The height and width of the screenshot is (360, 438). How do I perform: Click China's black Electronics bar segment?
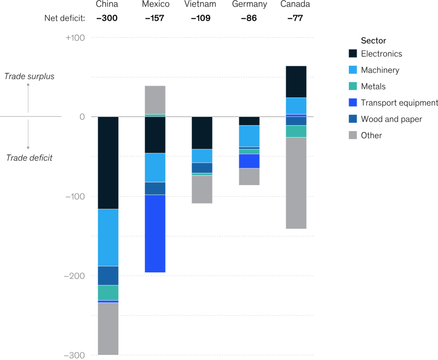point(108,162)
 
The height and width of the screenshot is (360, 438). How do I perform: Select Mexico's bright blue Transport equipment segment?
point(155,233)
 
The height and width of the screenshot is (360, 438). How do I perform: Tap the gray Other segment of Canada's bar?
point(296,183)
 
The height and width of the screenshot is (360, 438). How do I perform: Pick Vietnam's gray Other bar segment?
point(202,189)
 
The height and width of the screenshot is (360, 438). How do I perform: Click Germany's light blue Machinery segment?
point(249,136)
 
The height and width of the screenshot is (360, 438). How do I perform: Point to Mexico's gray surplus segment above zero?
point(155,100)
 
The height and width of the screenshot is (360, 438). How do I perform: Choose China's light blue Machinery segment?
point(108,237)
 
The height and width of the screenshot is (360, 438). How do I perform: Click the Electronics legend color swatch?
point(353,54)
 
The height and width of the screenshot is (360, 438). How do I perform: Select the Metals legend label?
point(373,86)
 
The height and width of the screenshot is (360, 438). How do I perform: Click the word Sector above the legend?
point(373,41)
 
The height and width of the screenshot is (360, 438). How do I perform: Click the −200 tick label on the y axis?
point(74,276)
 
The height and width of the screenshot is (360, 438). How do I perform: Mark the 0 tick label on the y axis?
point(82,117)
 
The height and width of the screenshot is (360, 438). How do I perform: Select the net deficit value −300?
point(107,18)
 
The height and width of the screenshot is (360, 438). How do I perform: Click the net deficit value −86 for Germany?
point(249,18)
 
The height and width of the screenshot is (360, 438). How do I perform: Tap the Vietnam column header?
point(200,4)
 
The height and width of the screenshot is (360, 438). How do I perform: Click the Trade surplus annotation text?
point(29,77)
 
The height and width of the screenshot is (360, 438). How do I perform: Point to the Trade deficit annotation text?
point(29,158)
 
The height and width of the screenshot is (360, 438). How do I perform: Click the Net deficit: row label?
point(65,18)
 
